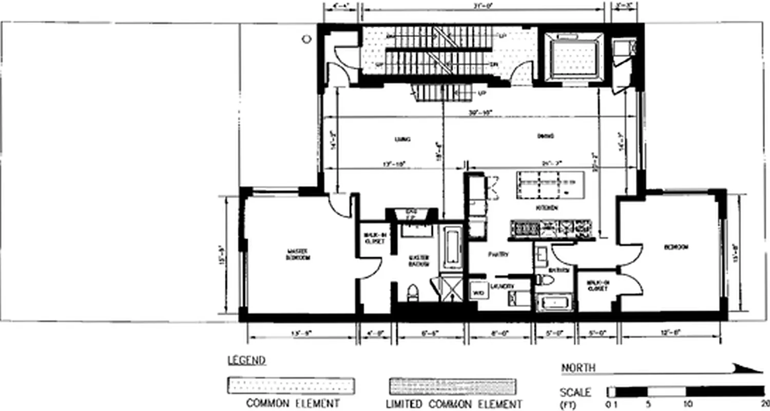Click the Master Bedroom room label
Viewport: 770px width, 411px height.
298,254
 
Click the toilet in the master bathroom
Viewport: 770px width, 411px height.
413,293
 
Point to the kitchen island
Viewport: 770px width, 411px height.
549,184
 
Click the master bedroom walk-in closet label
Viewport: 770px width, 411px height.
374,238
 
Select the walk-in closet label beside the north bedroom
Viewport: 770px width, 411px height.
597,286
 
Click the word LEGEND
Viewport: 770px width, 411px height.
246,360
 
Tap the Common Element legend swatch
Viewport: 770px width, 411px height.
291,386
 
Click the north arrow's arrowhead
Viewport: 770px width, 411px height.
749,368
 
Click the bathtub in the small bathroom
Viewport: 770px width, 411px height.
554,303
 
